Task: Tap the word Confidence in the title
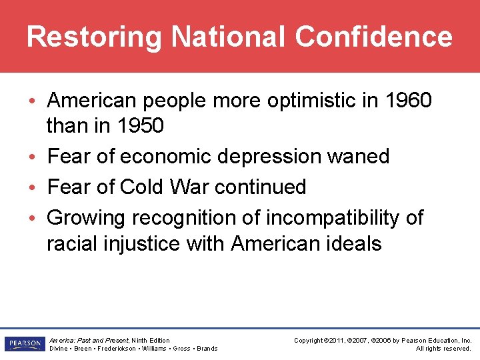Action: pyautogui.click(x=374, y=37)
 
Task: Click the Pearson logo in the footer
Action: pyautogui.click(x=23, y=344)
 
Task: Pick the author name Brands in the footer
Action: pyautogui.click(x=207, y=349)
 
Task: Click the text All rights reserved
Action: pyautogui.click(x=443, y=349)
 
